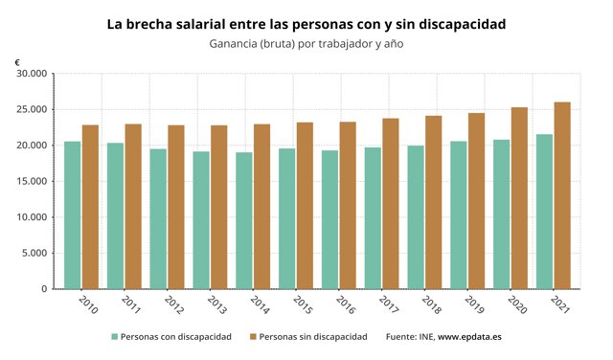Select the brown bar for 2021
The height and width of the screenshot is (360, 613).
tap(563, 195)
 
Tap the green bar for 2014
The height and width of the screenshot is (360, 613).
tap(243, 220)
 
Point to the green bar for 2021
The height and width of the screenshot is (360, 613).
tap(545, 212)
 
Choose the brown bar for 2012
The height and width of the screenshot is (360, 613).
tap(176, 207)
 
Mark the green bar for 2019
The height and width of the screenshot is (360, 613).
tap(459, 215)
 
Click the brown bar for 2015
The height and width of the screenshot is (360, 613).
tap(305, 205)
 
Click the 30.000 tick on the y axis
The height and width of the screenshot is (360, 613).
tap(32, 74)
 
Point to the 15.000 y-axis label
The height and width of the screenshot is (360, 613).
tap(32, 181)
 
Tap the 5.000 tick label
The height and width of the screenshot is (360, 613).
tap(34, 253)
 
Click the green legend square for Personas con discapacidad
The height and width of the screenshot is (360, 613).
tap(115, 337)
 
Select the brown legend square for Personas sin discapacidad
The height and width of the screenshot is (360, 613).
tap(252, 337)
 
